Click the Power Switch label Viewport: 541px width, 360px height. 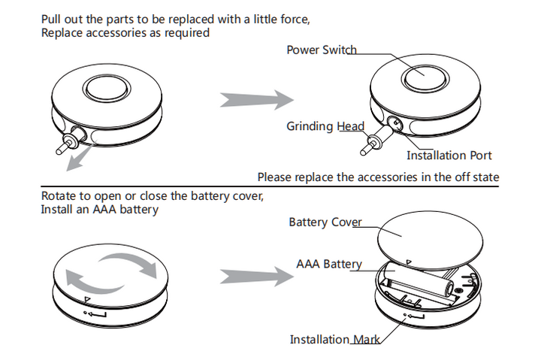pos(322,50)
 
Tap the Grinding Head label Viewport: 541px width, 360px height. pos(325,126)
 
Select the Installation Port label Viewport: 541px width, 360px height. pos(449,156)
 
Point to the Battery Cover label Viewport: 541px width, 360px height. pos(325,222)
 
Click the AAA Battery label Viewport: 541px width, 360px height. pos(329,265)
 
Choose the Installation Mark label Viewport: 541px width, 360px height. pos(334,340)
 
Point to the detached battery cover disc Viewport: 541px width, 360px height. pos(425,239)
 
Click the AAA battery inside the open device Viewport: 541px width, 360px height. pos(422,289)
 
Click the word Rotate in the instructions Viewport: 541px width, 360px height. pos(59,196)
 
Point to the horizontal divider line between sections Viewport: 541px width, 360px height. pos(270,187)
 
